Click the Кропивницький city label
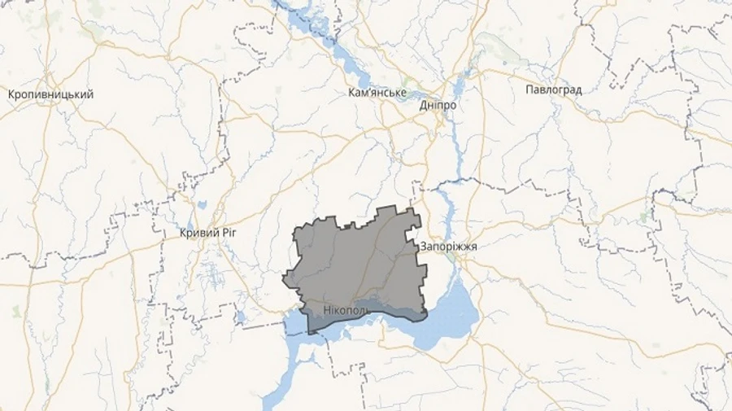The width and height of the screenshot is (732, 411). pos(50,94)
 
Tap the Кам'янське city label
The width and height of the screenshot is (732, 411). pos(377,92)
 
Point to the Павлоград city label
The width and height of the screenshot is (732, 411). pos(554,90)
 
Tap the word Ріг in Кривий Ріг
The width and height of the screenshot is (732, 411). pos(228,233)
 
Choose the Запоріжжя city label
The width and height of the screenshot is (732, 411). pos(448,246)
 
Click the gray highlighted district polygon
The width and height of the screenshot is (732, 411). pos(358,260)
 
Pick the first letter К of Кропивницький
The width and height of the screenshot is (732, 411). pos(11,94)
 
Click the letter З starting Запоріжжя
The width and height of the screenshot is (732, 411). pos(424,246)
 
